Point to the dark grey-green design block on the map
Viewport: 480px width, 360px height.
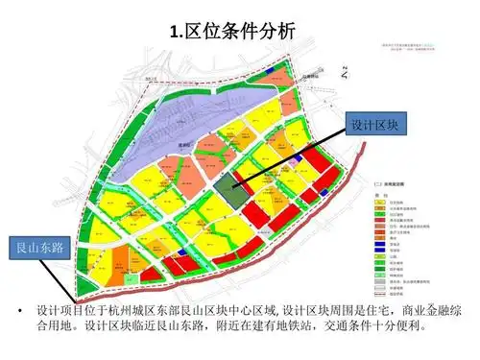229,186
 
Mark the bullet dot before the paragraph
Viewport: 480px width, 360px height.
16,312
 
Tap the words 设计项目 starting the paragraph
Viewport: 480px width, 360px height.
60,312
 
